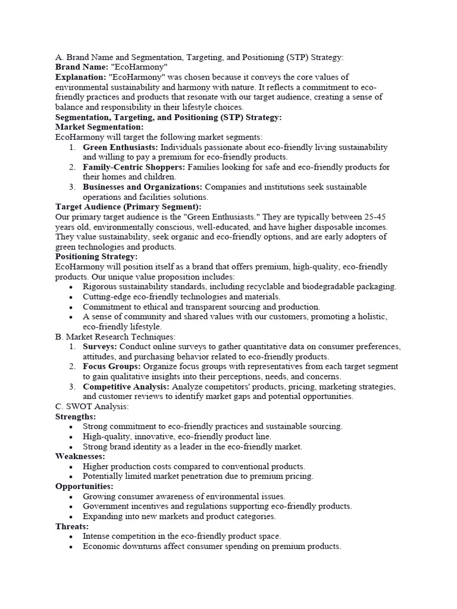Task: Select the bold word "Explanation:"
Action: [80, 77]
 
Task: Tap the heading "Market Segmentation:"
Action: [99, 127]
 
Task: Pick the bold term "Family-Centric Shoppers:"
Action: [134, 167]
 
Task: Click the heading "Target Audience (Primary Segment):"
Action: [128, 207]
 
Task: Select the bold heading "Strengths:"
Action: [75, 417]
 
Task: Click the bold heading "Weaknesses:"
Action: [80, 457]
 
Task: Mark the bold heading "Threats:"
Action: [72, 527]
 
